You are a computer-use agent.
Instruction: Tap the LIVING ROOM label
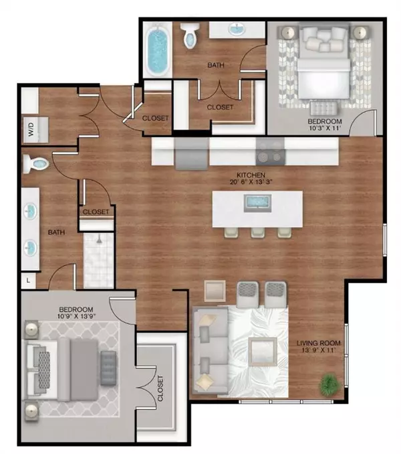[x=319, y=344]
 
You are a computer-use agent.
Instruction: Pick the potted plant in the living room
[x=328, y=384]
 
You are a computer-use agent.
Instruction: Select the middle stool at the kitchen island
[x=257, y=232]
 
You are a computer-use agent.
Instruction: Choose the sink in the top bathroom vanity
[x=237, y=29]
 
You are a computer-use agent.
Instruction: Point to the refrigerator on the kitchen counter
[x=190, y=156]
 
